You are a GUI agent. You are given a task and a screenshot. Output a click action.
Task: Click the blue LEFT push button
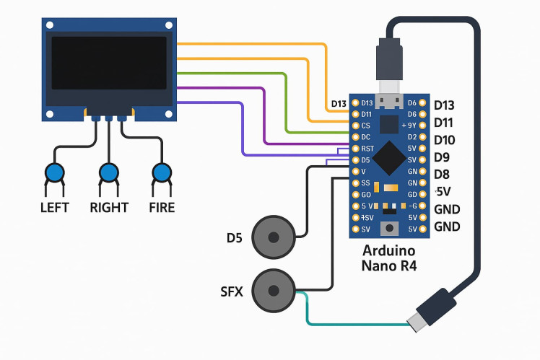pyautogui.click(x=54, y=173)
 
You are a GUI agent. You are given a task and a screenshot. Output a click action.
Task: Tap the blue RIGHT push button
pyautogui.click(x=108, y=173)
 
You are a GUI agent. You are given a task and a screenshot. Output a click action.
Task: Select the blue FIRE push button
pyautogui.click(x=162, y=173)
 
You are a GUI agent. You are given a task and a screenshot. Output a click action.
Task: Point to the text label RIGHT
pyautogui.click(x=108, y=208)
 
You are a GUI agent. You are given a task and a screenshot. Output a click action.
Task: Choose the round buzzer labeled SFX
pyautogui.click(x=274, y=291)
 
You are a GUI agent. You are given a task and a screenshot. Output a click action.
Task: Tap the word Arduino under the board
pyautogui.click(x=389, y=252)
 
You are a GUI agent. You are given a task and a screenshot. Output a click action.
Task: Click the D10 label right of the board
pyautogui.click(x=445, y=139)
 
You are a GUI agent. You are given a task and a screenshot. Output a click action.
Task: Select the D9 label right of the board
pyautogui.click(x=442, y=157)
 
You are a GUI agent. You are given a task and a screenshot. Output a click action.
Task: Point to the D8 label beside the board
pyautogui.click(x=442, y=174)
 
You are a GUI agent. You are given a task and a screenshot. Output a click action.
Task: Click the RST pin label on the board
pyautogui.click(x=367, y=149)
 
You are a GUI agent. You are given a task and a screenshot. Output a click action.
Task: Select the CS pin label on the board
pyautogui.click(x=365, y=126)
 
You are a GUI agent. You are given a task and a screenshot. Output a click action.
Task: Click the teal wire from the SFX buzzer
pyautogui.click(x=347, y=322)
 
